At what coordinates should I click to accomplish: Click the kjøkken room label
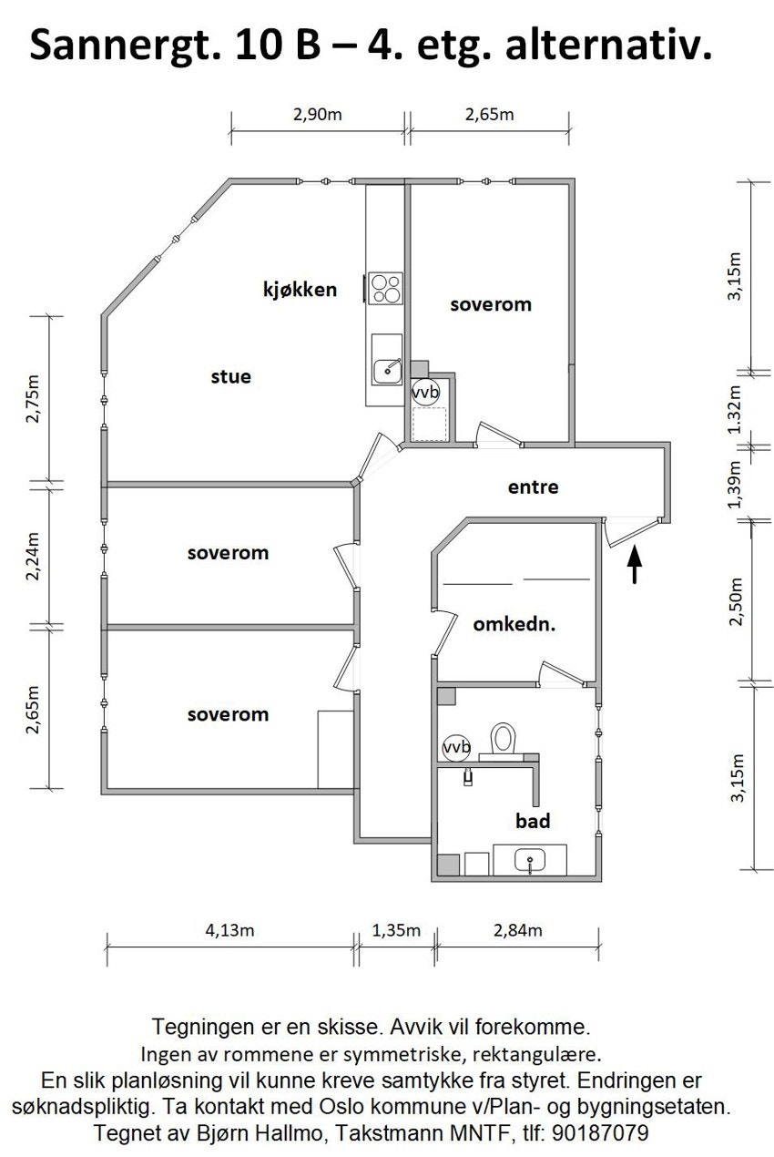300,291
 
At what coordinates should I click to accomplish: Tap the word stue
230,376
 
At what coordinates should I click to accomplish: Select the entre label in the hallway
533,487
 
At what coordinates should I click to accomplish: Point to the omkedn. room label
514,626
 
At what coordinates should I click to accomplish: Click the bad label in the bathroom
533,822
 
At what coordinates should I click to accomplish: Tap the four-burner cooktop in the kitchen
386,289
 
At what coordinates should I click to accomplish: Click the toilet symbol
502,739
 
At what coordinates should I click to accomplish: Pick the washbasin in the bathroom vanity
529,859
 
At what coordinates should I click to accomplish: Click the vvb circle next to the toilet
456,747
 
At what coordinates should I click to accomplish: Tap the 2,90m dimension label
317,115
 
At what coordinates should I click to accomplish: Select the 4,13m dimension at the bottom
229,930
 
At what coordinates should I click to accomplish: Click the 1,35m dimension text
396,930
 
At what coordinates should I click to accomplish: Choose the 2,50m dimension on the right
738,601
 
